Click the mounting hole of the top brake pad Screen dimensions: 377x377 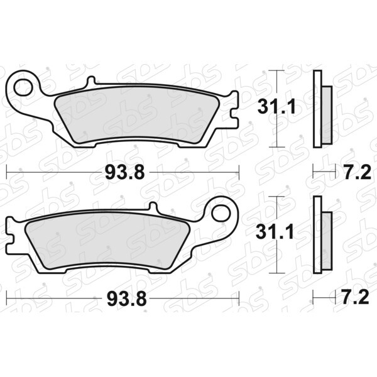tap(23, 87)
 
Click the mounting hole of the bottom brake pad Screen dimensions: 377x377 tap(221, 214)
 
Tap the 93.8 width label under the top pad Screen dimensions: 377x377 tap(125, 173)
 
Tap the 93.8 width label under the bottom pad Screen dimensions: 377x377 tap(127, 299)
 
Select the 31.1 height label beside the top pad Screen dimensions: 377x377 tap(276, 107)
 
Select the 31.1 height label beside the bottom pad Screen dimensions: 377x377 tap(275, 232)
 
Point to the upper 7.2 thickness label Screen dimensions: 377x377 tap(358, 173)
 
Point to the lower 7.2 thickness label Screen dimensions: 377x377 tap(356, 298)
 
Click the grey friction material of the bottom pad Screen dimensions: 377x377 tap(107, 241)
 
